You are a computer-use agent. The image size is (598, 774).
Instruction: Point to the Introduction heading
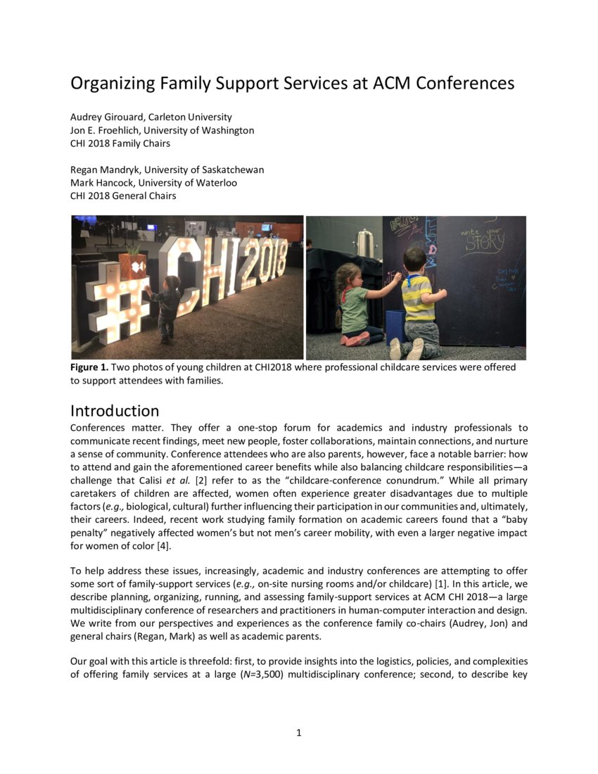115,410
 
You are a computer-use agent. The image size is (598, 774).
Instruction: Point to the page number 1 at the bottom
299,733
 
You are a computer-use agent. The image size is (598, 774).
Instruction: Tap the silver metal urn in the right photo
364,243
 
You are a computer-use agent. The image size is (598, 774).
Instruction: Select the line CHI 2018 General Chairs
123,196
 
